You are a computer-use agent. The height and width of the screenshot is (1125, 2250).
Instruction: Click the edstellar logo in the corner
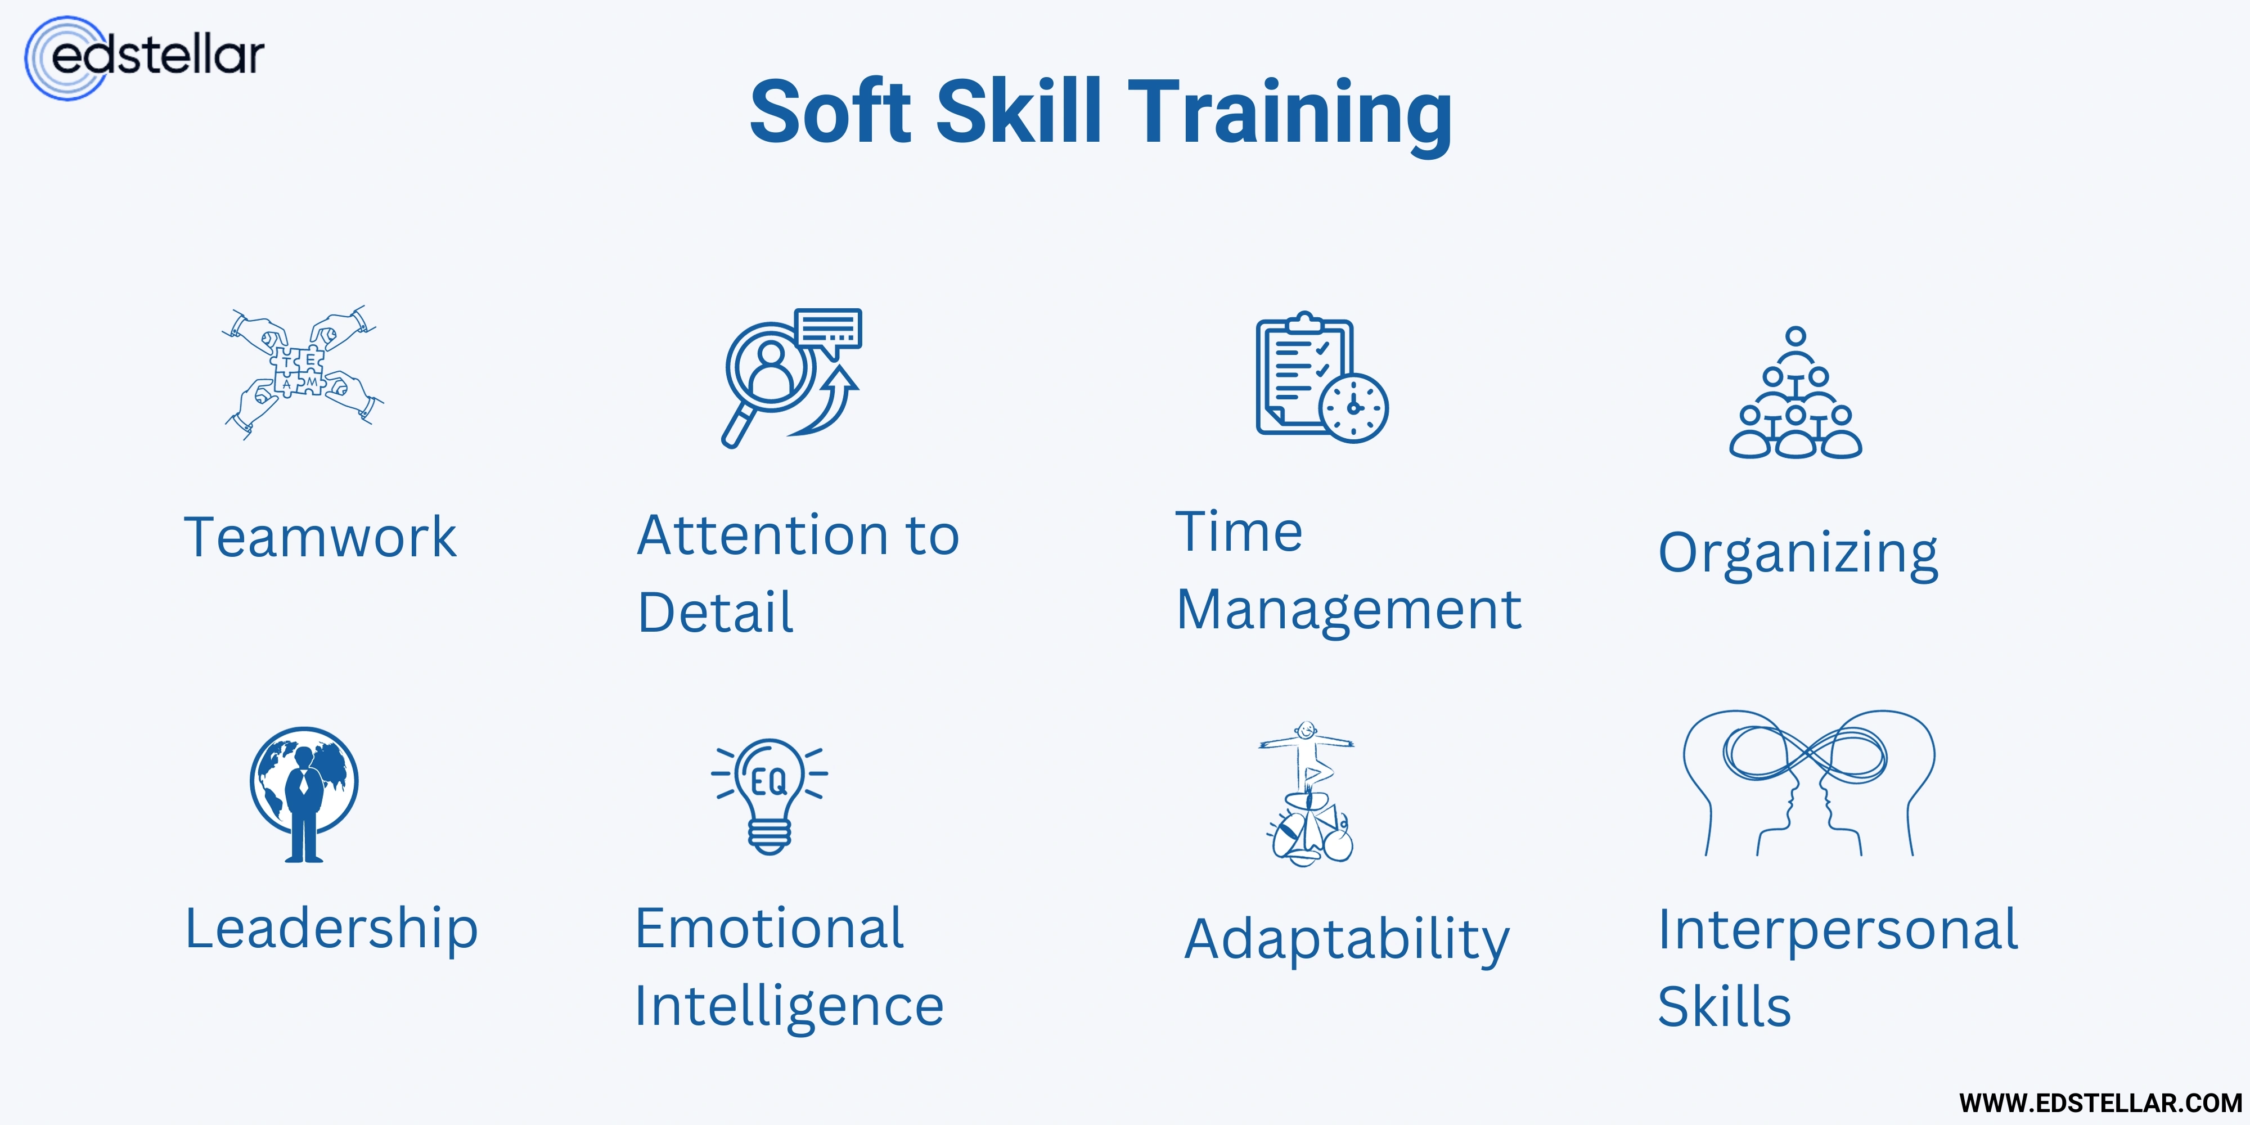(x=144, y=57)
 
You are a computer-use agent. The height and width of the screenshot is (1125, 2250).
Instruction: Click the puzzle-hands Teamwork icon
(x=301, y=372)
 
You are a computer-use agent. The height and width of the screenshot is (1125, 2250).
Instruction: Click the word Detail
(x=715, y=611)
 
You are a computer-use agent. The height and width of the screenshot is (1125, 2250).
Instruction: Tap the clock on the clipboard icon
(x=1353, y=408)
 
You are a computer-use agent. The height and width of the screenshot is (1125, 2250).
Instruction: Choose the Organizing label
(x=1798, y=553)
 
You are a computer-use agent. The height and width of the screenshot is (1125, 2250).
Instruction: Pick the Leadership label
(x=331, y=929)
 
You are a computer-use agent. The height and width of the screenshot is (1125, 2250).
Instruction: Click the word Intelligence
(x=789, y=1005)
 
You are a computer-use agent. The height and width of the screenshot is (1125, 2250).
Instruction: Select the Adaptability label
(x=1346, y=940)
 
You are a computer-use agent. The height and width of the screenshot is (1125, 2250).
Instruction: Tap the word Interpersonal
(x=1838, y=929)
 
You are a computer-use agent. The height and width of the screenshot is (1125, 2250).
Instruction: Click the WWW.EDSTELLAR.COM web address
(x=2100, y=1103)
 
